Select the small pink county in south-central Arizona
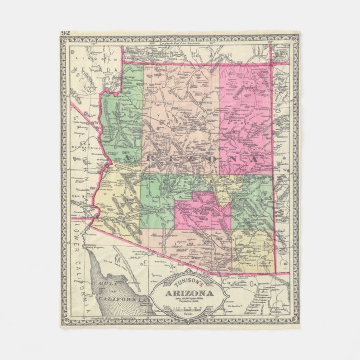pos(201,212)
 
